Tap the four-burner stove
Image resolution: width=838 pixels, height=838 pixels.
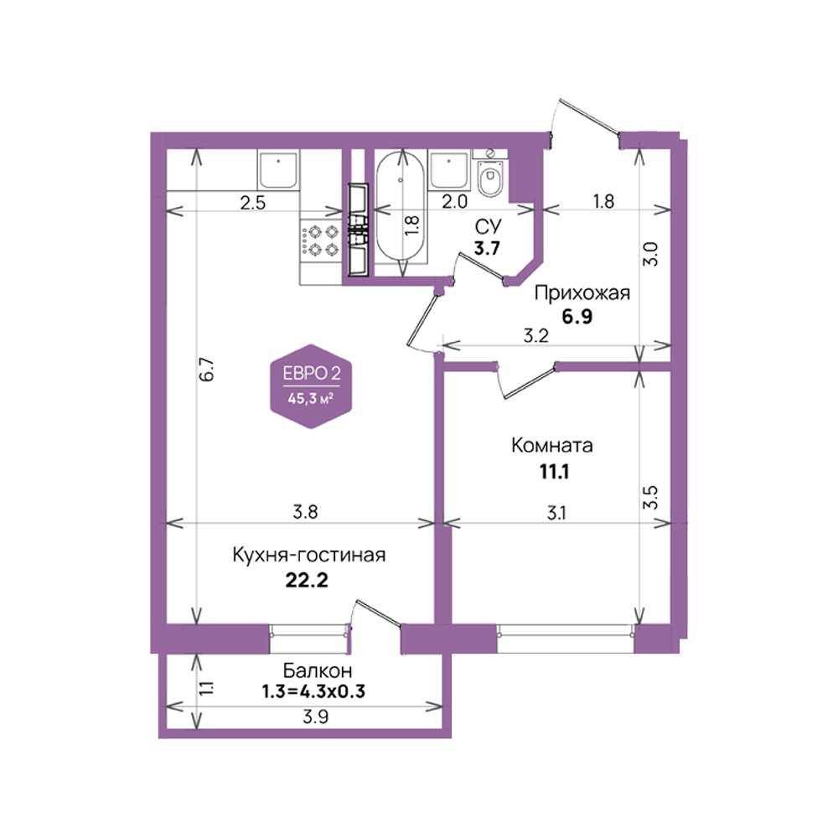(x=321, y=241)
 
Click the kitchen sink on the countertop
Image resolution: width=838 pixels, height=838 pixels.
(x=278, y=169)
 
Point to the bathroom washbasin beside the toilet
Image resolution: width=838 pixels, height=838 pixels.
(x=449, y=170)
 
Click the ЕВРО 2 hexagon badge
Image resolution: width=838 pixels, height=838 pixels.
(x=311, y=385)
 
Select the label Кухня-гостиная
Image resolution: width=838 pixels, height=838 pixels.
(x=309, y=556)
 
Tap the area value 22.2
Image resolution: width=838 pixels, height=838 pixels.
(x=307, y=580)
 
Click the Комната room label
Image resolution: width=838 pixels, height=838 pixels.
(x=552, y=445)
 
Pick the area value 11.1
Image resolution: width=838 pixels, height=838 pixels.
(x=554, y=472)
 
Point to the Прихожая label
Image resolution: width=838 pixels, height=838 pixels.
(x=582, y=292)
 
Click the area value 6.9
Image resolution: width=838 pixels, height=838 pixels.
(x=577, y=317)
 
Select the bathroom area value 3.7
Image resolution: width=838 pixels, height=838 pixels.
(x=487, y=249)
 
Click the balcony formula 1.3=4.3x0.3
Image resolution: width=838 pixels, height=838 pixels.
(x=313, y=691)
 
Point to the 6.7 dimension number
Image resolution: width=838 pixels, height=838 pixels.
(x=206, y=370)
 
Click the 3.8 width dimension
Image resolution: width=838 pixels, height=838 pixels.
(x=306, y=512)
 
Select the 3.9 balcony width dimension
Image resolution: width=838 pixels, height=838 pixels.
(x=315, y=716)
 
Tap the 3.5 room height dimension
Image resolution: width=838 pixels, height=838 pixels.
(x=650, y=498)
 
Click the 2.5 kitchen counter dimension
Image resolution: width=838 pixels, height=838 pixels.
(x=253, y=203)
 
